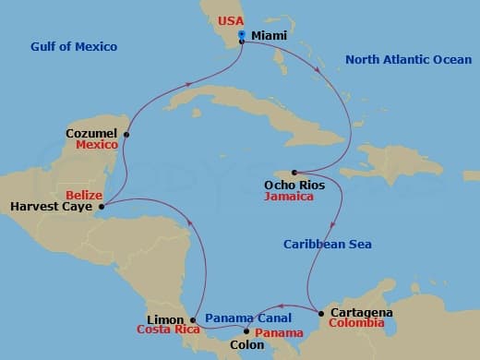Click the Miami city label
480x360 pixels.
269,35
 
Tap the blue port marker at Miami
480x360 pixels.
242,35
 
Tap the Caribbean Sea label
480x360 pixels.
328,244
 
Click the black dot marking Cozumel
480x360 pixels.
126,134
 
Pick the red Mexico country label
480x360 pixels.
97,146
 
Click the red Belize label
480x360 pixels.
84,194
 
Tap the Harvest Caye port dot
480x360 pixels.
101,207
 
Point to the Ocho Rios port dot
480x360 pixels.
294,173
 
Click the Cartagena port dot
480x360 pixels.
320,314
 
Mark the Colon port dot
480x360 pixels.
246,330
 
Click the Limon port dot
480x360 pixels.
192,318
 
